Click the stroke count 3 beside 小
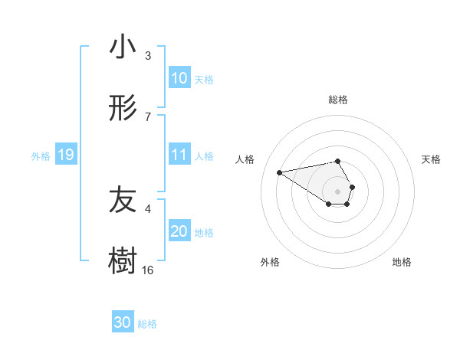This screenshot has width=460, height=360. tap(148, 56)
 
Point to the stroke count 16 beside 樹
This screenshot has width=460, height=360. tap(148, 270)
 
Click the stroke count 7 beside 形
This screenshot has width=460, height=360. tap(148, 116)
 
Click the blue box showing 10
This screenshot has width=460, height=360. tap(179, 78)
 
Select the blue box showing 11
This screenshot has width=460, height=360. tap(179, 155)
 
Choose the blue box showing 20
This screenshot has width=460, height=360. tap(179, 231)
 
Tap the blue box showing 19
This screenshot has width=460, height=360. tap(66, 155)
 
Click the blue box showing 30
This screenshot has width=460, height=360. tap(123, 323)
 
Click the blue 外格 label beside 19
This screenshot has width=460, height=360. tap(41, 156)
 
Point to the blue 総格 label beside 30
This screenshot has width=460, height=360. tap(147, 324)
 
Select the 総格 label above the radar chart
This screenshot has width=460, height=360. tap(338, 100)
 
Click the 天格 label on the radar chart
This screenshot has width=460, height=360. tap(431, 159)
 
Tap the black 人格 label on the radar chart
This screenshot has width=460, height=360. tap(245, 159)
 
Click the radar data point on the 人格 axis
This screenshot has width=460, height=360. tap(280, 172)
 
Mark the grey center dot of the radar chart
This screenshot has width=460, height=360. tap(338, 191)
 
